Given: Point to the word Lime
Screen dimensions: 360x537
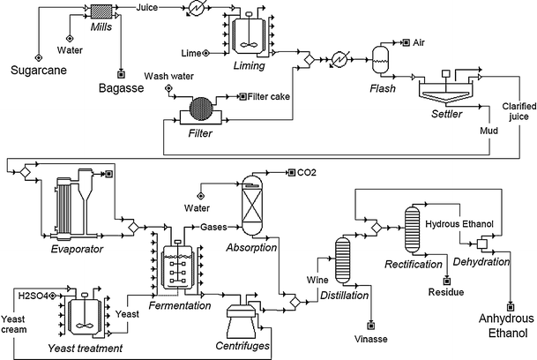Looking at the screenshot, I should click(x=191, y=54).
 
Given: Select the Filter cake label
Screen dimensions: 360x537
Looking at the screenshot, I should click(x=272, y=97).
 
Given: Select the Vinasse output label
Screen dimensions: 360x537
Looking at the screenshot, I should click(x=371, y=339).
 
